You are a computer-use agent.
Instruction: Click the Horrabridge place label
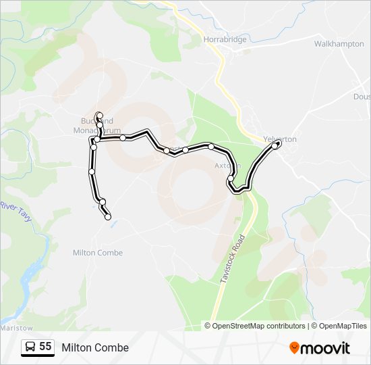pyautogui.click(x=225, y=39)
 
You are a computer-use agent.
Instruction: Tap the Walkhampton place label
pyautogui.click(x=339, y=43)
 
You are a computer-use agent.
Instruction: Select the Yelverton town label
pyautogui.click(x=280, y=139)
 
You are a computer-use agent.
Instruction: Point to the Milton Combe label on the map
pyautogui.click(x=98, y=252)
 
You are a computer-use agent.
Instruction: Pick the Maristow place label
pyautogui.click(x=12, y=327)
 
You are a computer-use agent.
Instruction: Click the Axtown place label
pyautogui.click(x=227, y=164)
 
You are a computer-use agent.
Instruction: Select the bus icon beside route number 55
pyautogui.click(x=30, y=347)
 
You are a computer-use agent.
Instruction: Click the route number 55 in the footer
pyautogui.click(x=45, y=347)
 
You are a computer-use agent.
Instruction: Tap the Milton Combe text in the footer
pyautogui.click(x=95, y=347)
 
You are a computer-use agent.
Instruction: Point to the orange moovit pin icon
pyautogui.click(x=295, y=347)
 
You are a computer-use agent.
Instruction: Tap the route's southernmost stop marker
pyautogui.click(x=108, y=216)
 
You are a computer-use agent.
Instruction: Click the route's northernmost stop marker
pyautogui.click(x=99, y=115)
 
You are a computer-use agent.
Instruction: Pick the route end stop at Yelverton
pyautogui.click(x=277, y=143)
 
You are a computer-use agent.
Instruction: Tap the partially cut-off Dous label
pyautogui.click(x=362, y=96)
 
